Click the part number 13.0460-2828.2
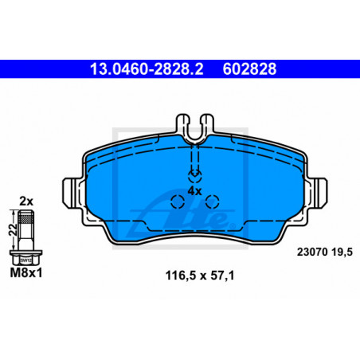pos(147,69)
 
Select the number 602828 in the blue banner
pos(249,69)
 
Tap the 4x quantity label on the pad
pos(195,191)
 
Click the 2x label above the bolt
pos(26,202)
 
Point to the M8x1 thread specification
pos(26,272)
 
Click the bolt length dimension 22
pos(13,229)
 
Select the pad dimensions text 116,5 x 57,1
pos(200,276)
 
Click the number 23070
pos(312,252)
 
